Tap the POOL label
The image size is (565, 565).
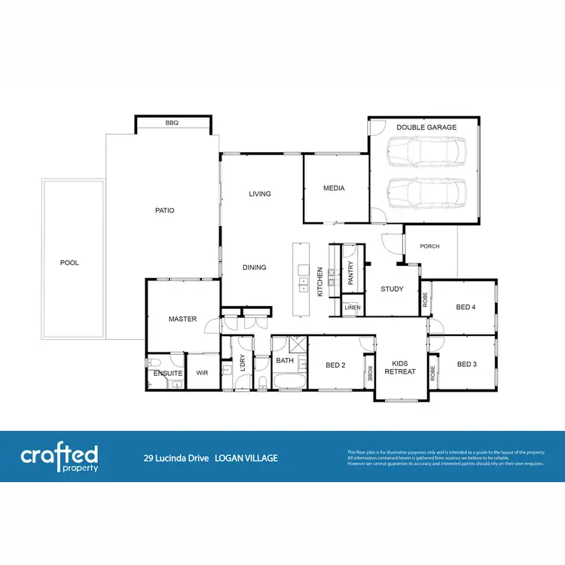click(x=69, y=263)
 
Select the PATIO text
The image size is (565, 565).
click(x=164, y=210)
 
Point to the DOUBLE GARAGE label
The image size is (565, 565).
click(x=426, y=127)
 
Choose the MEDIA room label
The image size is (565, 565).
click(x=334, y=188)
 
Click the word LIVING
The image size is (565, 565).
click(x=260, y=194)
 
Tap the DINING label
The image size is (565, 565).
click(x=254, y=267)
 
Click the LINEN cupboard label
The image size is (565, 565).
click(x=353, y=308)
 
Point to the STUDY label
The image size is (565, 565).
click(x=392, y=289)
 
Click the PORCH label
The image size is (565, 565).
click(x=429, y=246)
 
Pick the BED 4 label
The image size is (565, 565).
click(x=466, y=307)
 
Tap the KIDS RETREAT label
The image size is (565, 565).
click(x=400, y=367)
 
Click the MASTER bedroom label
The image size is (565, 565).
click(x=182, y=319)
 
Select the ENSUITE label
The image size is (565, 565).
click(x=168, y=373)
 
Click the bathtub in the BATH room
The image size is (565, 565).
click(x=289, y=382)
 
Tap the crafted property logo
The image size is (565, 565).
click(x=59, y=457)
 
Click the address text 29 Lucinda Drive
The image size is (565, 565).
click(x=178, y=458)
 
